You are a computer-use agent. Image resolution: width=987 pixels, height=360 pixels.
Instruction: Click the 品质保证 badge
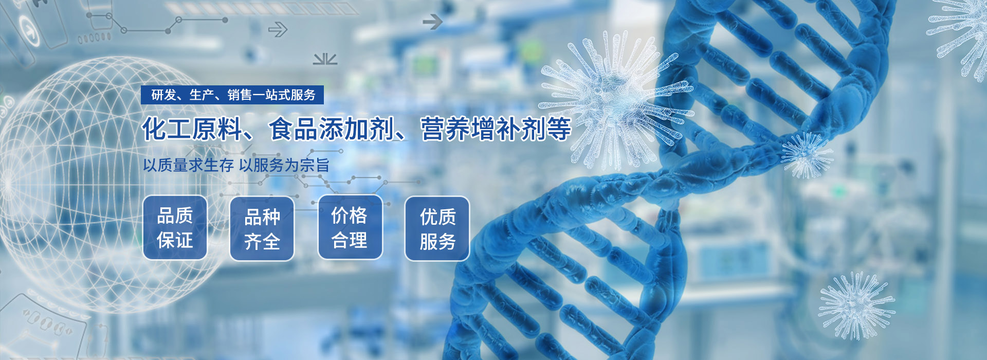point(175,227)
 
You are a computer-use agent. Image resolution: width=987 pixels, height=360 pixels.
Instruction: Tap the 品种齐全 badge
point(262,229)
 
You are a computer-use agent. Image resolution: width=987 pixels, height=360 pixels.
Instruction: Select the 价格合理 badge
point(350,227)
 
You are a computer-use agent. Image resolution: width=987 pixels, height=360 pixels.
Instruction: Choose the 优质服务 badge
point(437,228)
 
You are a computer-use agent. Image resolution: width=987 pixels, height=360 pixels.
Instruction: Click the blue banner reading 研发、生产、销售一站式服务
point(232,95)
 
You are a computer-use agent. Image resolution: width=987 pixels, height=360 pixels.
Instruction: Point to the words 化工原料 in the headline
point(192,129)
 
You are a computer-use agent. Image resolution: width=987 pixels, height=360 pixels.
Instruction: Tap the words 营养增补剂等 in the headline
point(496,129)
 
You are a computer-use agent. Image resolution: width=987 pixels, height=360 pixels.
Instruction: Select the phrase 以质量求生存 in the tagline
point(188,165)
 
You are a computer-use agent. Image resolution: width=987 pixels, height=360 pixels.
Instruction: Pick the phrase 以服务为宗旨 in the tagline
point(284,165)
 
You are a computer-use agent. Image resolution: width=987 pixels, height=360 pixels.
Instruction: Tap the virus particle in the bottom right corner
point(856,305)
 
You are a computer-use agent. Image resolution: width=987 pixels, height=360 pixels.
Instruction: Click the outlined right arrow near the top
point(278,30)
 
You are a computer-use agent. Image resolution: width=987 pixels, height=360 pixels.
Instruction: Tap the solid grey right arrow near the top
point(432,22)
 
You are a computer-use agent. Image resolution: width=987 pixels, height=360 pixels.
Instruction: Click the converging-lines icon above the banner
point(325,59)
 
